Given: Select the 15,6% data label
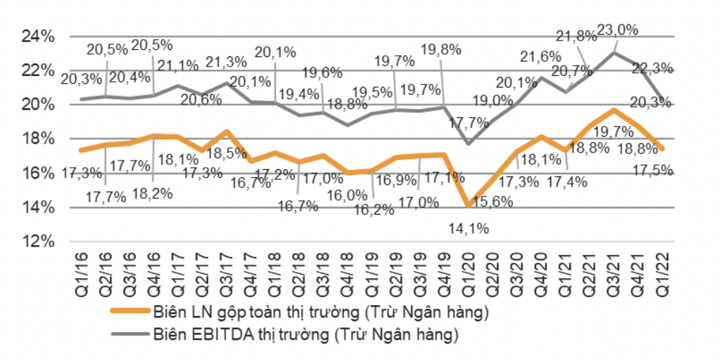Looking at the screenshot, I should pyautogui.click(x=492, y=205).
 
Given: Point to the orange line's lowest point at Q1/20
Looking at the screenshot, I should pyautogui.click(x=468, y=206).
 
